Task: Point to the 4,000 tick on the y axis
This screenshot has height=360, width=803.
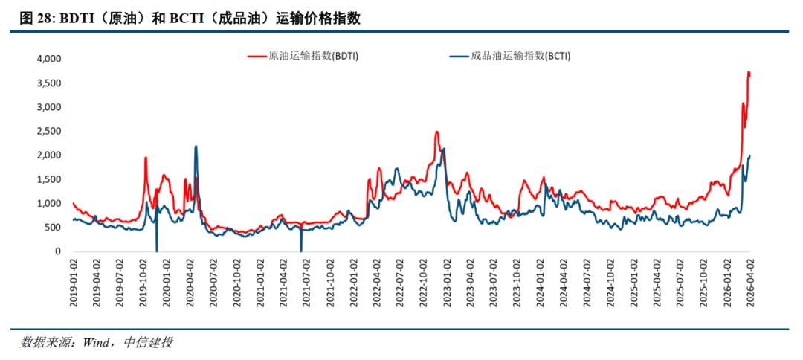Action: (x=48, y=59)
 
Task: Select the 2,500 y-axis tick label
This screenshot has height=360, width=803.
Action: (x=48, y=131)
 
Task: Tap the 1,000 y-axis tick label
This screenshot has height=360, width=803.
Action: (x=48, y=203)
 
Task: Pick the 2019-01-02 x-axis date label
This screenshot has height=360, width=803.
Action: (x=74, y=282)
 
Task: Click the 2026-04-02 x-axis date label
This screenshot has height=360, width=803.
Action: (x=751, y=282)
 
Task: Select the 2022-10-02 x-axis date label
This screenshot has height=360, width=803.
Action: (x=424, y=282)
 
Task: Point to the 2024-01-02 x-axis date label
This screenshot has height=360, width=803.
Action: (x=541, y=282)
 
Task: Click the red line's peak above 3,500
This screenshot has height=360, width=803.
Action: (x=749, y=72)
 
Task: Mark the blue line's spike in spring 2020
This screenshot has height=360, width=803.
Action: (x=196, y=147)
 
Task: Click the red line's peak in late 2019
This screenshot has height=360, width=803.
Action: (x=145, y=158)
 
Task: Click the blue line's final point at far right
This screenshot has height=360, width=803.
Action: (x=749, y=155)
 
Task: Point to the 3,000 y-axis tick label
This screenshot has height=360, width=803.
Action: (x=48, y=107)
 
